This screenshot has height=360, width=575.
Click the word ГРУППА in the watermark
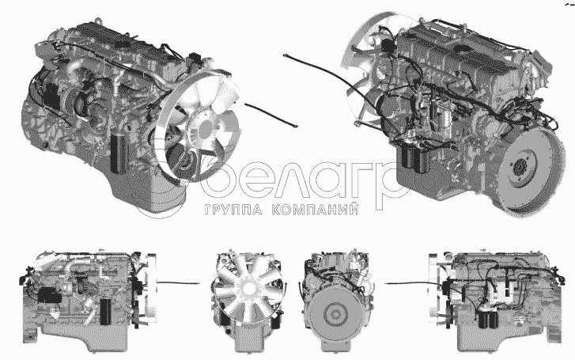click(233, 210)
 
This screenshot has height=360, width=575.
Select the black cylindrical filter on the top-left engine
click(119, 153)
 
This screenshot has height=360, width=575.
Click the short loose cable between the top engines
click(270, 115)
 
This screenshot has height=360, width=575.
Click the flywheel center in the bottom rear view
click(335, 314)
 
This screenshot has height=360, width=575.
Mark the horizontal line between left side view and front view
click(179, 283)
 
